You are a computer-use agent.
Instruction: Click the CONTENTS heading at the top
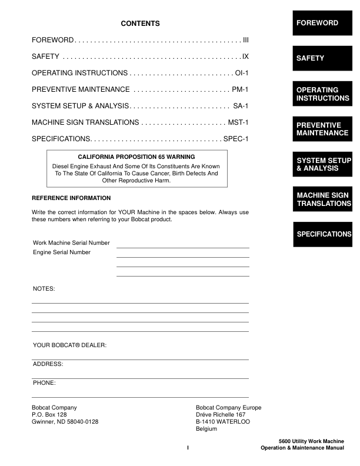(140, 24)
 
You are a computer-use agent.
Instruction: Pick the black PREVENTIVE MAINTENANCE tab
(322, 129)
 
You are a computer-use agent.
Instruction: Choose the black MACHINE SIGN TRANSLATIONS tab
(322, 199)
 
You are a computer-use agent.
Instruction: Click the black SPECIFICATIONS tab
(322, 234)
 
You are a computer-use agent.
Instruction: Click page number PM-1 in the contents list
(241, 89)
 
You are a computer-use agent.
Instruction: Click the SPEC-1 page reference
(236, 139)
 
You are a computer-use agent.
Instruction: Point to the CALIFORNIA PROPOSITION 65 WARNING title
(136, 157)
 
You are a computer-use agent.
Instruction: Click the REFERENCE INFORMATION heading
(71, 198)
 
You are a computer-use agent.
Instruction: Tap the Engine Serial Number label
(62, 252)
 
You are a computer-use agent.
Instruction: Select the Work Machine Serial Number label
(71, 243)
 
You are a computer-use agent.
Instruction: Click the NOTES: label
(44, 289)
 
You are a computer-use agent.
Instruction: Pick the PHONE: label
(45, 383)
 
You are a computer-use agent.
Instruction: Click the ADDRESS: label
(48, 364)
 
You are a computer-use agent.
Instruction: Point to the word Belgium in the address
(206, 429)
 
